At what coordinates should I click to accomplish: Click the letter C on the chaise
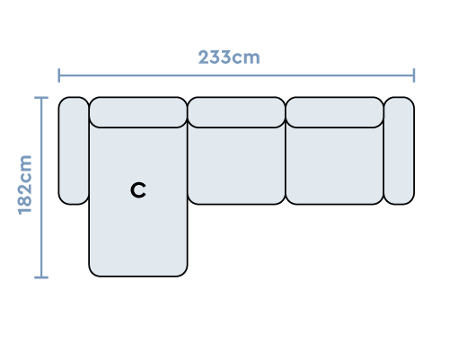(x=138, y=190)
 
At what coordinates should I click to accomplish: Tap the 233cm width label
(x=229, y=57)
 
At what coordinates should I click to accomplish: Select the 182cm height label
(x=25, y=185)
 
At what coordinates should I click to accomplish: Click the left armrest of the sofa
(x=74, y=151)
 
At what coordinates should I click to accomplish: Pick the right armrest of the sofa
(x=400, y=151)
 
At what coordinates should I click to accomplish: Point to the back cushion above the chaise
(x=138, y=112)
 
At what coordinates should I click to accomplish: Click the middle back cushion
(x=236, y=112)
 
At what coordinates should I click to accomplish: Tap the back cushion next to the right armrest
(x=335, y=112)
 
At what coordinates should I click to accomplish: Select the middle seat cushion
(x=236, y=165)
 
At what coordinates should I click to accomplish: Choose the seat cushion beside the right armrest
(x=335, y=165)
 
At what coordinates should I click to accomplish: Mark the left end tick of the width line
(x=59, y=75)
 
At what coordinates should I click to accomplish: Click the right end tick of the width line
(x=414, y=75)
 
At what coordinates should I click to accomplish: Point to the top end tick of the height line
(x=41, y=97)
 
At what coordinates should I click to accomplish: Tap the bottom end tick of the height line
(x=41, y=277)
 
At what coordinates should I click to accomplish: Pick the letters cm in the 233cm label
(x=246, y=58)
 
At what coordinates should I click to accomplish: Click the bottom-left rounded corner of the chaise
(x=93, y=272)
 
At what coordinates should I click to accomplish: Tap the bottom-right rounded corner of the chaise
(x=183, y=272)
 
